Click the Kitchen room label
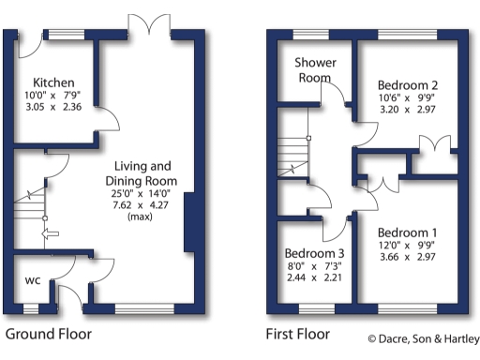[48, 82]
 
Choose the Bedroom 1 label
[408, 232]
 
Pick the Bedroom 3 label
[315, 253]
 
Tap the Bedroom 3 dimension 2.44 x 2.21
[315, 277]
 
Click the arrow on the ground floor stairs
[51, 233]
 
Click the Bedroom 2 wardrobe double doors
[433, 147]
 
